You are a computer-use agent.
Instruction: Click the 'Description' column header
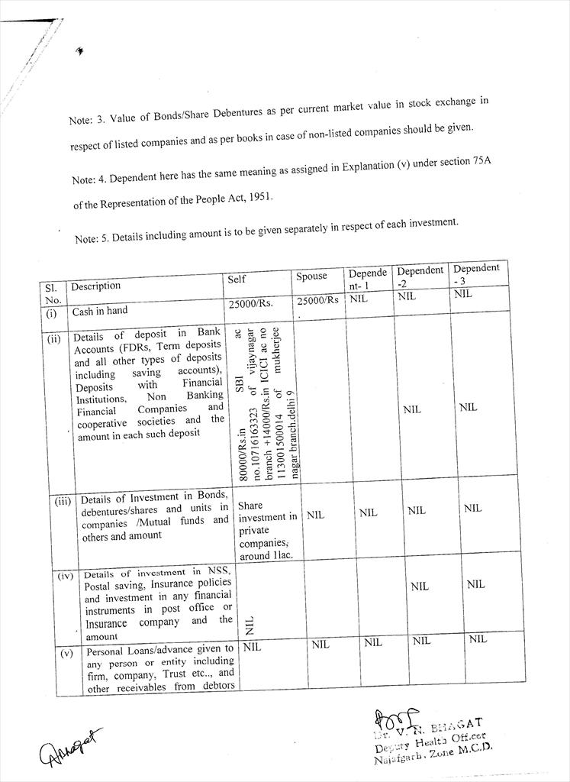tap(96, 286)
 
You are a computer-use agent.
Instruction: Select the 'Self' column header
tap(237, 280)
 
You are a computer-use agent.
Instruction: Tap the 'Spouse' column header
tap(311, 276)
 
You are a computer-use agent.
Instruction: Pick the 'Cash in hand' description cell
tap(100, 311)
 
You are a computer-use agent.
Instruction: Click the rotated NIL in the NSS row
tap(249, 626)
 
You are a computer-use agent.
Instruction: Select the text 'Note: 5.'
tap(94, 239)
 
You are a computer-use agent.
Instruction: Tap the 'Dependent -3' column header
tap(476, 273)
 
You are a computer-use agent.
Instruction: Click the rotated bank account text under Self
tap(267, 402)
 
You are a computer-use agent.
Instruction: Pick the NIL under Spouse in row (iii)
tap(315, 515)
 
